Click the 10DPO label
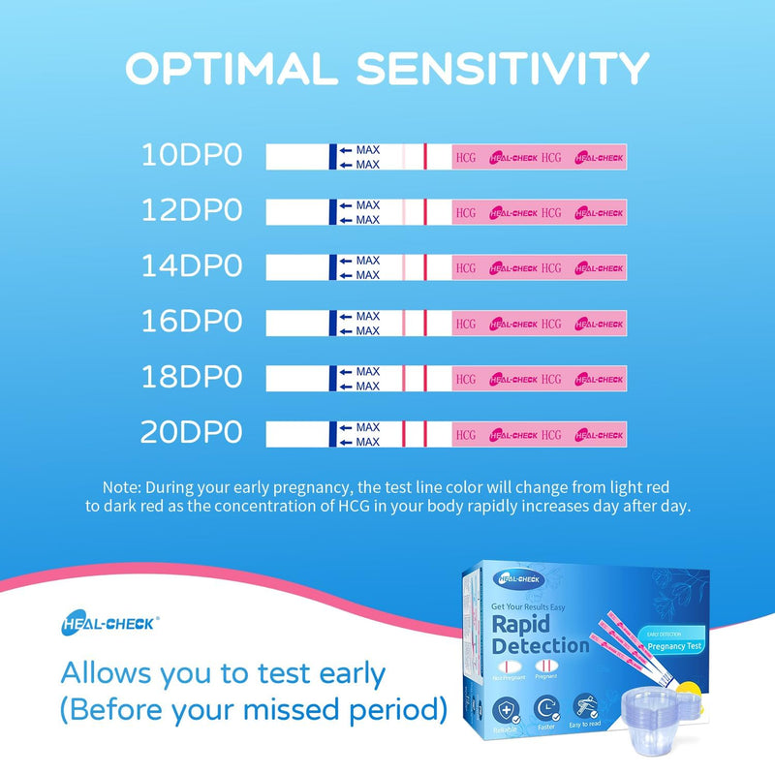coord(192,155)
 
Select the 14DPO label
coord(192,265)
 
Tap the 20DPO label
coord(192,433)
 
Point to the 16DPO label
coord(192,322)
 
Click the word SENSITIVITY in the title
coord(503,69)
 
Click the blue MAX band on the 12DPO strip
coord(332,212)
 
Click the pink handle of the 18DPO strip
coord(539,378)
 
